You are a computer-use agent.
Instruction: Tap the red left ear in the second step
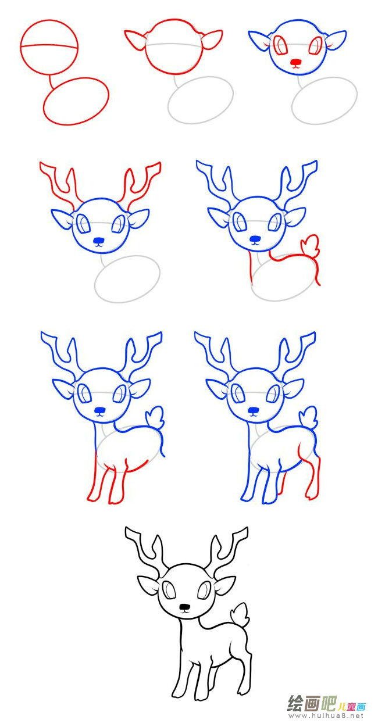[135, 41]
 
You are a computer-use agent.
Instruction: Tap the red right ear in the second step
[212, 40]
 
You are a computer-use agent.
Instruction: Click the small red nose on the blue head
[297, 61]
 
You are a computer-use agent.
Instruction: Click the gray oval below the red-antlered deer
[127, 278]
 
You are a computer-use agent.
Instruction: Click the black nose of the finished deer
[184, 608]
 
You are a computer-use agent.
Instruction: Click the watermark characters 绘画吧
[312, 704]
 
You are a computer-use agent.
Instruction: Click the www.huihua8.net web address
[326, 716]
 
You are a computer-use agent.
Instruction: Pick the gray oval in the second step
[201, 99]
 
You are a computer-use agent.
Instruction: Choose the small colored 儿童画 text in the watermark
[352, 706]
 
